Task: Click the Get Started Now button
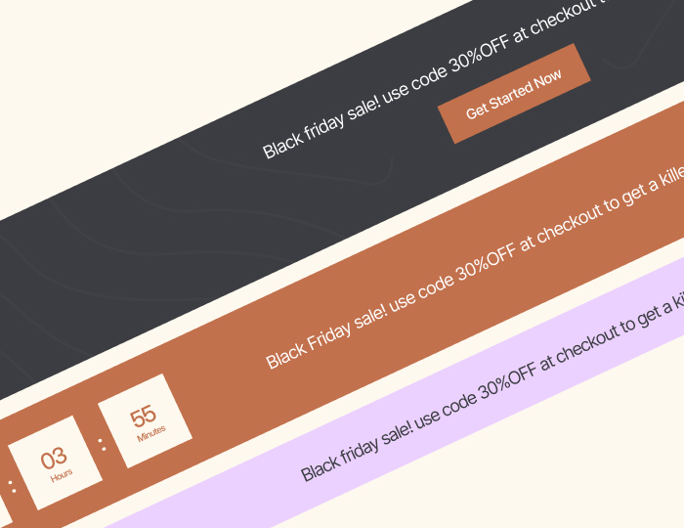point(514,94)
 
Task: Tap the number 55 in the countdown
point(143,416)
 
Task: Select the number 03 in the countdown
point(54,457)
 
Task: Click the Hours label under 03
point(61,475)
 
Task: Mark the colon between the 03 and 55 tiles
point(102,445)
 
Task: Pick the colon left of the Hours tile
point(12,485)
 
